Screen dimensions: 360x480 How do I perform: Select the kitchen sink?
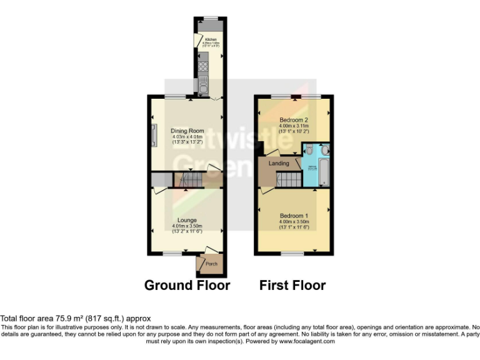coord(203,83)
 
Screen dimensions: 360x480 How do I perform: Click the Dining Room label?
coord(187,131)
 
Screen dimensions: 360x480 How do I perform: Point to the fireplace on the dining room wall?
coord(153,134)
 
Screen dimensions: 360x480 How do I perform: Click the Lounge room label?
coord(187,220)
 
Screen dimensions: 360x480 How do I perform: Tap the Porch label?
coord(212,264)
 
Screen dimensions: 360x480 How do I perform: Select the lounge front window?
coord(172,253)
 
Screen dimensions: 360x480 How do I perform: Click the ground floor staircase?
coord(189,181)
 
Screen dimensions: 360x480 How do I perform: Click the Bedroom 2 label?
coord(294,119)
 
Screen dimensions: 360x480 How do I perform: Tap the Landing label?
coord(279,163)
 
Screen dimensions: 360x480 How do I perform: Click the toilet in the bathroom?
coord(309,149)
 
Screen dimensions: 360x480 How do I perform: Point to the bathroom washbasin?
coord(325,150)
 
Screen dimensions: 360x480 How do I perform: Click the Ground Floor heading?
coord(187,286)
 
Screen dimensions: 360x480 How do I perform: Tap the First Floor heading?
coord(292,286)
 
